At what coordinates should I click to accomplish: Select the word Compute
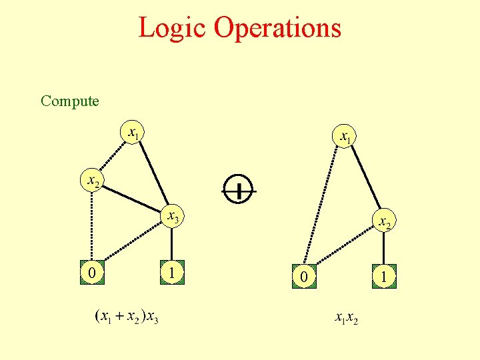pos(69,101)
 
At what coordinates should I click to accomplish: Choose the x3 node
pos(172,217)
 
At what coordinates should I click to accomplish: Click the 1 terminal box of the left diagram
pos(172,273)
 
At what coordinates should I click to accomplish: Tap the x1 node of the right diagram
pos(345,137)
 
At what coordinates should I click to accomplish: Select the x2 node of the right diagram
pos(385,221)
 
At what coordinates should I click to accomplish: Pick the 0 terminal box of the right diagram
pos(303,275)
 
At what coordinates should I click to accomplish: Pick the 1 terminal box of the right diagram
pos(385,275)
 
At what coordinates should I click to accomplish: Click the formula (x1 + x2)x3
pos(127,316)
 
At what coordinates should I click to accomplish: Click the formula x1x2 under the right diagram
pos(347,319)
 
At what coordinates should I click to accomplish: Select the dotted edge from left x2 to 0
pos(92,227)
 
